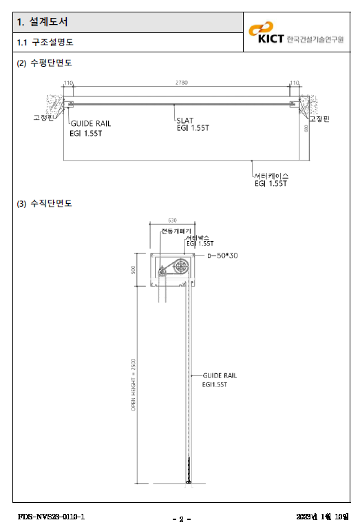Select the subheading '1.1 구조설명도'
point(45,43)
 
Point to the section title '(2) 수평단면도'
point(44,63)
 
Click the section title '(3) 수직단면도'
point(44,203)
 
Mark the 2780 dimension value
point(181,83)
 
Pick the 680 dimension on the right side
point(306,129)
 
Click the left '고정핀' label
point(43,118)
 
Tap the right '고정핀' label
point(319,119)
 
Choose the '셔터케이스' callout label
point(271,176)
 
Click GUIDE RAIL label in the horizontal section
point(90,124)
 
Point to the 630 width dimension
point(172,220)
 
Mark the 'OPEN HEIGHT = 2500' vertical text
point(134,384)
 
